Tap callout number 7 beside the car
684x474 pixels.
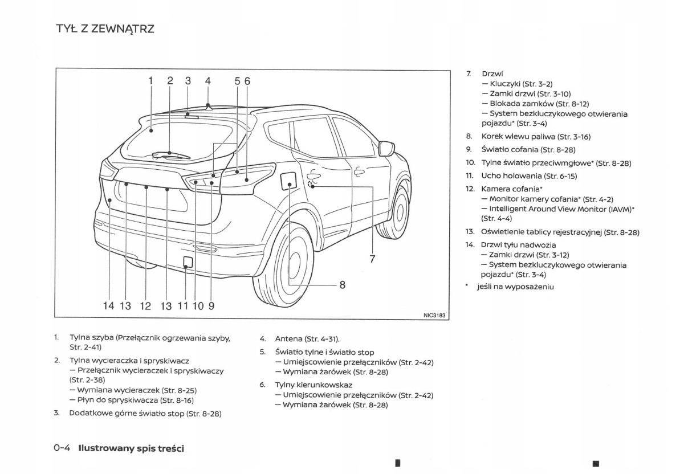372,259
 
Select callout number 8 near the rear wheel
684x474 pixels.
343,285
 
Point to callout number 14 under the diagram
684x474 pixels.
108,306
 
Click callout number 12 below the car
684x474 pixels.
145,306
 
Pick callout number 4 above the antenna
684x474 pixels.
208,81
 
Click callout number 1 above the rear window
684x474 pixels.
151,81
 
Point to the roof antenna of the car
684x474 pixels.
209,107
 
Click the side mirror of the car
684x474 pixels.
386,148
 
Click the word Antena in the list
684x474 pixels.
288,338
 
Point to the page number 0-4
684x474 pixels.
62,448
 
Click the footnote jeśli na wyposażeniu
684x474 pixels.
515,287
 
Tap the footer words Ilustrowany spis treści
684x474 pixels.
131,448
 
